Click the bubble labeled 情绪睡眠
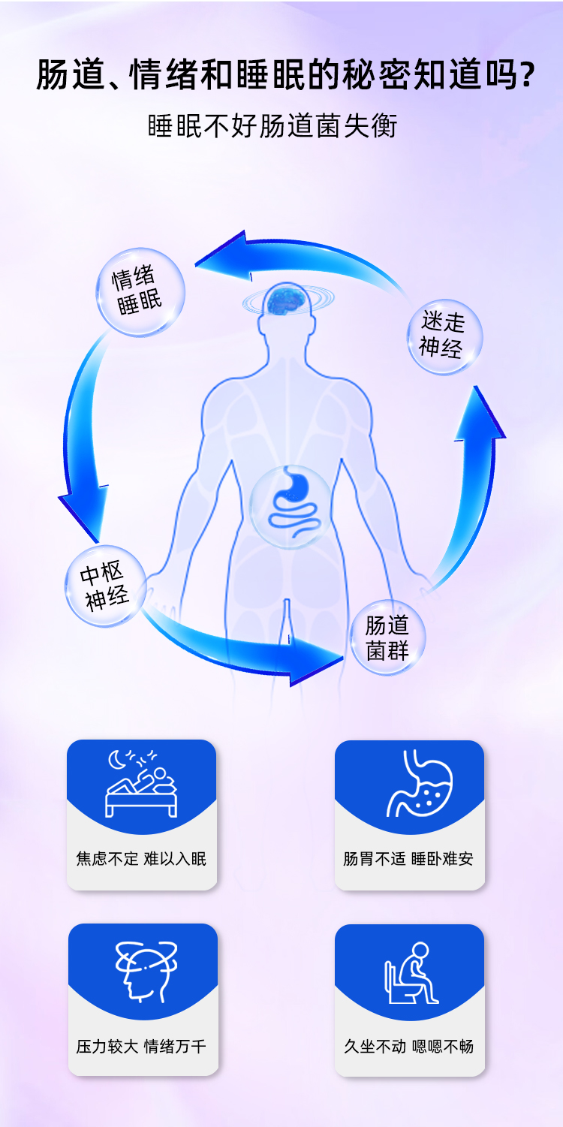140,291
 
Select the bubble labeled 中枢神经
105,586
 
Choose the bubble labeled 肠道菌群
387,637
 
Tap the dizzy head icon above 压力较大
143,969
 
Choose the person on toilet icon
410,973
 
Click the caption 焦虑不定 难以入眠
141,858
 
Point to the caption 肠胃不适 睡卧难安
409,858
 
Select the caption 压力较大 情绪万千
141,1046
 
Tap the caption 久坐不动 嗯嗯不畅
409,1046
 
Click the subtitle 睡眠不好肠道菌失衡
272,126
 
